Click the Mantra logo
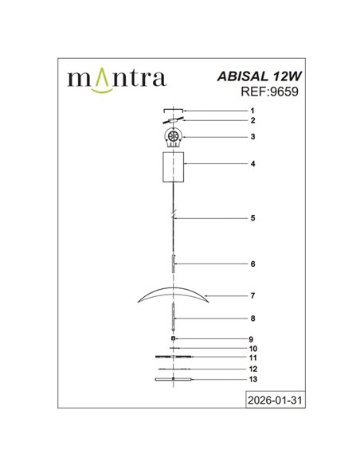(116, 78)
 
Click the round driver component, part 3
(172, 138)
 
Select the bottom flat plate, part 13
(173, 380)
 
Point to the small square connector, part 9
(173, 339)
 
